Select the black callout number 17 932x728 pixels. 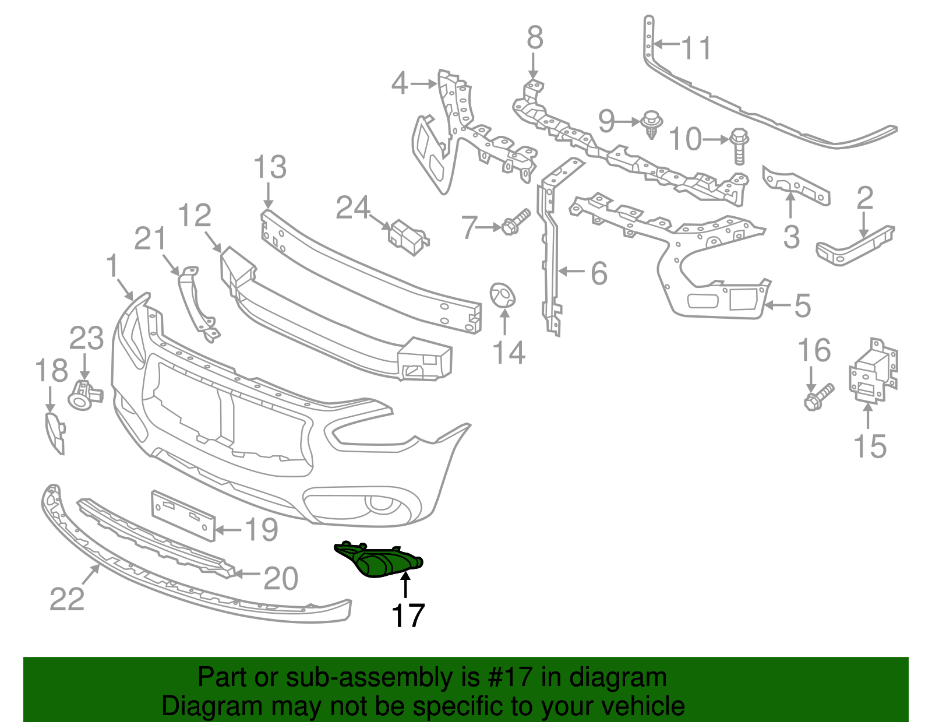click(408, 616)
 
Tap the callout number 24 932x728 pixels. click(353, 208)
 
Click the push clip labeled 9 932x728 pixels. click(651, 124)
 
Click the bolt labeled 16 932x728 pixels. click(818, 396)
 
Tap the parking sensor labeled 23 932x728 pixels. click(83, 395)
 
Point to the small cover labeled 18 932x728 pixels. click(55, 432)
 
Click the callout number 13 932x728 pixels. click(270, 168)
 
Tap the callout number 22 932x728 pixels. click(67, 599)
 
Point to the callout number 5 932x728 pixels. click(802, 305)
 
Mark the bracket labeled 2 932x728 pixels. click(856, 247)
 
